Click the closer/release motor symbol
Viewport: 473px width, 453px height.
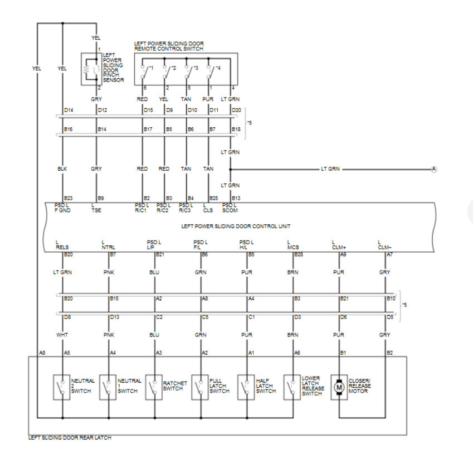[339, 387]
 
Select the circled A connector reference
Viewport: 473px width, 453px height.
[434, 169]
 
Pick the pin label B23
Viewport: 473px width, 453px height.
[69, 198]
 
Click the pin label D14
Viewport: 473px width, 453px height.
[69, 110]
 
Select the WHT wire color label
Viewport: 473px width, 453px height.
[62, 335]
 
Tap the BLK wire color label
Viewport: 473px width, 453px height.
[62, 167]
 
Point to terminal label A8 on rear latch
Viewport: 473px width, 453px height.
[42, 353]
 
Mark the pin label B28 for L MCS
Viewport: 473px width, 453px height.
[299, 254]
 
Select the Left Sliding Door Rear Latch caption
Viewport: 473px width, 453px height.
[70, 438]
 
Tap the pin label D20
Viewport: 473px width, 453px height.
[236, 110]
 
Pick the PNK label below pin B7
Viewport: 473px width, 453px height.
[108, 272]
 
